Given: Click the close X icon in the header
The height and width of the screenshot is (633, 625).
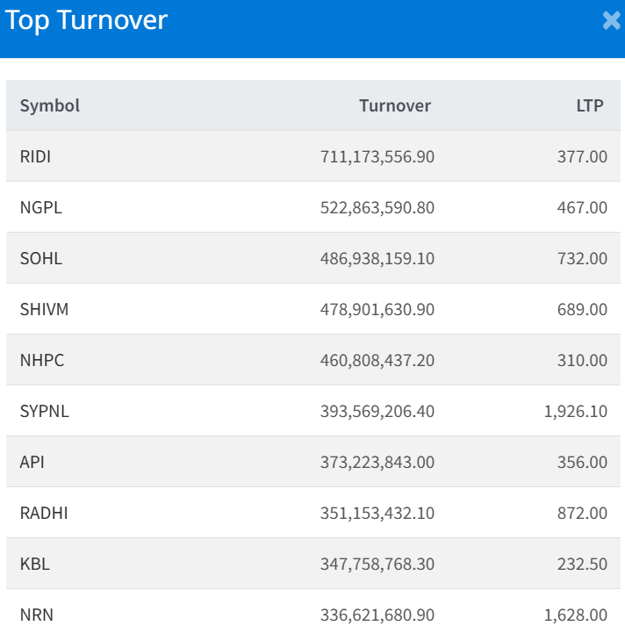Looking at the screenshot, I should coord(612,21).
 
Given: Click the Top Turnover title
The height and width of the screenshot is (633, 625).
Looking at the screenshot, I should coord(86,21).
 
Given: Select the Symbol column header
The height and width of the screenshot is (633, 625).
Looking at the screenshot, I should coord(50,105).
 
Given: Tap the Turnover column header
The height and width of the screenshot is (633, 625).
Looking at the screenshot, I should coord(395,105).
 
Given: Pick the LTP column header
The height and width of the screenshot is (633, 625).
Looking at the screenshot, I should coord(590,105).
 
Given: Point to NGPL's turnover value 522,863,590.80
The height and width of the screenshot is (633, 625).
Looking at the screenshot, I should coord(377,207).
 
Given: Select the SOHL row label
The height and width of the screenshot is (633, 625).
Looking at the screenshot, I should coord(41,258).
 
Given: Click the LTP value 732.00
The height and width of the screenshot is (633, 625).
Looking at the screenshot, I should coord(582,258).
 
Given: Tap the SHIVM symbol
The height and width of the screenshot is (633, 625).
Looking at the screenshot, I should coord(44,309).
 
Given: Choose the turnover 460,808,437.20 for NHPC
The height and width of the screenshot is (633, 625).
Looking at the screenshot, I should coord(377,360).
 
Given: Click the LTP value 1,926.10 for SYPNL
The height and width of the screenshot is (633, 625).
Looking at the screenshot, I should coord(575,411).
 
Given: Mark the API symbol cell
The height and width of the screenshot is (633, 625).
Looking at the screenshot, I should coord(32,462).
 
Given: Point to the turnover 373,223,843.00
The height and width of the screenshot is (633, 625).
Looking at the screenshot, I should coord(377,462).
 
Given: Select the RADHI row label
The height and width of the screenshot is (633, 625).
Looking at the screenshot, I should coord(44,513).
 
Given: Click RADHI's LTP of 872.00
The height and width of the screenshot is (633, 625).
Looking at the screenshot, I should coord(582,513).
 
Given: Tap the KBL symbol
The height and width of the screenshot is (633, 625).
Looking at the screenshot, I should coord(35,564).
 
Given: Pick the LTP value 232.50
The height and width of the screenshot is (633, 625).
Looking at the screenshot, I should coord(582,564).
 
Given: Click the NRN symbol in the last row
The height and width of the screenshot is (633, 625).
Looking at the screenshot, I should coord(37,615).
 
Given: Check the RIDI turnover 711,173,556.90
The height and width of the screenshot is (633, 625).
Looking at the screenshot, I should coord(377,156).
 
